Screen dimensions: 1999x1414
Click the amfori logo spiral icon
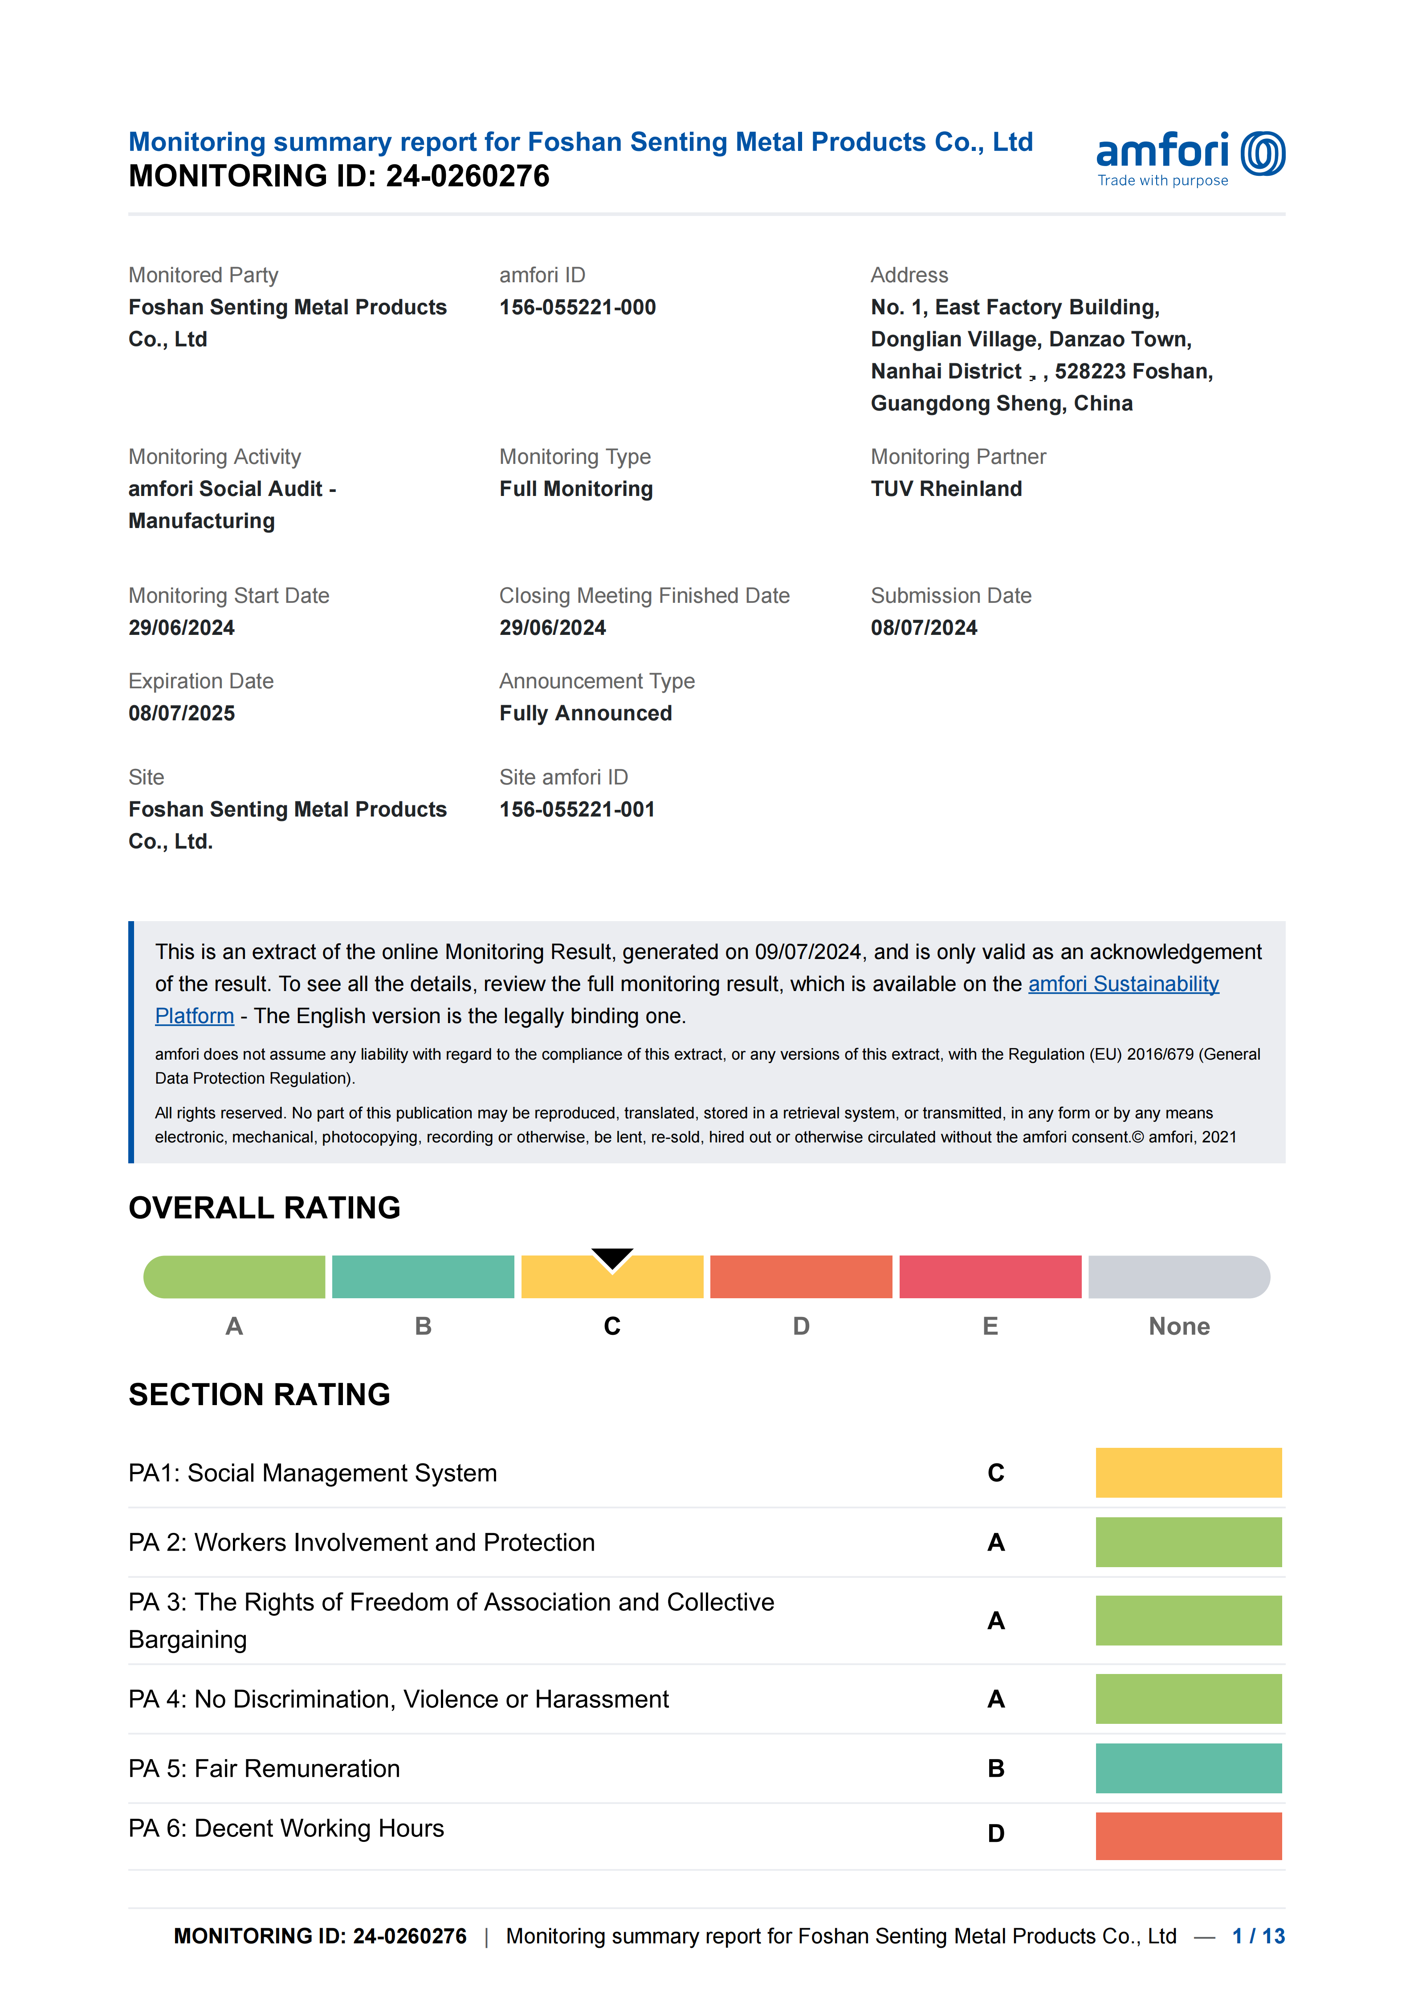point(1263,154)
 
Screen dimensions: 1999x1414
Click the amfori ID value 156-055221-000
point(577,307)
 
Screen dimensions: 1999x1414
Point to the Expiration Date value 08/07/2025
point(181,713)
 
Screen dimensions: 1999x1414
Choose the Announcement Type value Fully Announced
point(585,713)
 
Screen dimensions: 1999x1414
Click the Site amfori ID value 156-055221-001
point(576,810)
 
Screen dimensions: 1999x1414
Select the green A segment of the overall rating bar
point(234,1277)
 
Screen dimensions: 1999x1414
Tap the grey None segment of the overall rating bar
point(1179,1277)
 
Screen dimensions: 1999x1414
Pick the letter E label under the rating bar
point(990,1326)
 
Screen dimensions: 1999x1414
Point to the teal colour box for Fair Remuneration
point(1189,1768)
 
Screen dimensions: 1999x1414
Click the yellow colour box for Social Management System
point(1189,1472)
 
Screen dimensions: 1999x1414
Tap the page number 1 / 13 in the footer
point(1258,1936)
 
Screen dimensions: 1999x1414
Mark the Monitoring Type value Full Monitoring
point(575,489)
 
